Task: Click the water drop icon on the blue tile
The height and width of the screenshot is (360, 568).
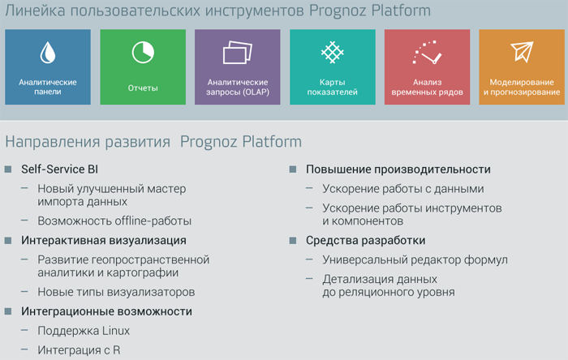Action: [x=47, y=53]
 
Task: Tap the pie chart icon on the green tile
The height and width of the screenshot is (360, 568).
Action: [x=143, y=53]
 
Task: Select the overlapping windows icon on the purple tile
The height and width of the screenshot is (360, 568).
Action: [x=237, y=53]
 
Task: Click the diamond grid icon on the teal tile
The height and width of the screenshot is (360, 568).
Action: [x=332, y=53]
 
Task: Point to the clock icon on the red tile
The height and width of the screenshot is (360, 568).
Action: [x=427, y=53]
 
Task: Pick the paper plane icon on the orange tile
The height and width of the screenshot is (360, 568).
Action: [x=522, y=52]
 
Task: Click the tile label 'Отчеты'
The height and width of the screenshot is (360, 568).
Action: [x=143, y=88]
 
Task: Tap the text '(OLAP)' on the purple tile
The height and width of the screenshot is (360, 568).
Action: [x=256, y=92]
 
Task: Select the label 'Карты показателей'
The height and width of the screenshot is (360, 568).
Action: [x=332, y=88]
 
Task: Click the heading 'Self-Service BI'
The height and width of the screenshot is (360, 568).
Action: [x=59, y=169]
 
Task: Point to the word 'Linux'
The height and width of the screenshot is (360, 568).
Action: [x=116, y=331]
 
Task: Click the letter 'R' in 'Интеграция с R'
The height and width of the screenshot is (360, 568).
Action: [x=116, y=350]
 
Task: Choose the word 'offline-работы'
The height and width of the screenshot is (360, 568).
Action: [x=152, y=221]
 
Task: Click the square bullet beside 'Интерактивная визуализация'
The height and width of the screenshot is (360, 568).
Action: [x=8, y=241]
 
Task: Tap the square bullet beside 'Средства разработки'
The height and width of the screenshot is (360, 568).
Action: [x=293, y=241]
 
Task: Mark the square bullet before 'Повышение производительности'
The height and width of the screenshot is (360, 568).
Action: [x=293, y=169]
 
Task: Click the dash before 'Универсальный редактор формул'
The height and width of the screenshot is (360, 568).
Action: [x=309, y=259]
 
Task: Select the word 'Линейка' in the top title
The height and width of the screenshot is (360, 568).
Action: [x=35, y=11]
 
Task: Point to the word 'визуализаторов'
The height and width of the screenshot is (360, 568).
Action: [x=156, y=292]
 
